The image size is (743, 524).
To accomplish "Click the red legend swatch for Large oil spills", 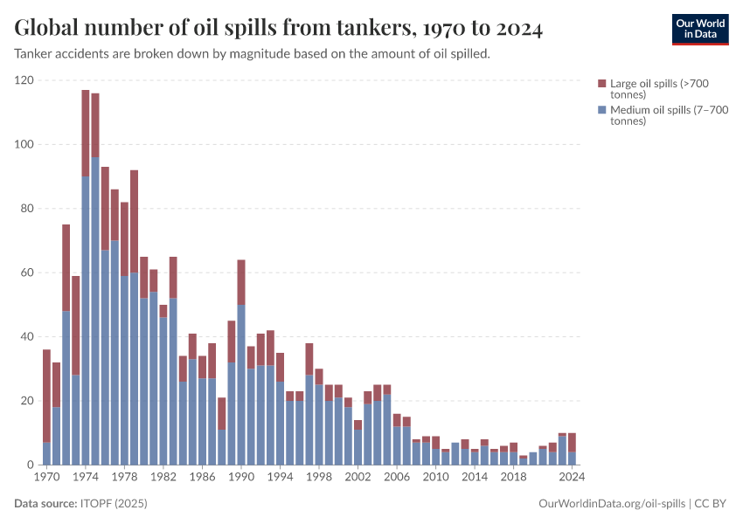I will [601, 83].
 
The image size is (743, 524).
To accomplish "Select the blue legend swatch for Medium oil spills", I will [601, 110].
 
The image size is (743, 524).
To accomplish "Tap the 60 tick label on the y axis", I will [27, 272].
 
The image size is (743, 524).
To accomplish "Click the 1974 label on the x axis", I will [86, 478].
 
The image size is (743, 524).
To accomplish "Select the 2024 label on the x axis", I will [572, 478].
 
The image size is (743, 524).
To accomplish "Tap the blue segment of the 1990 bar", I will [241, 384].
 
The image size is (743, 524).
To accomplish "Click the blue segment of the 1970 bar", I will [46, 453].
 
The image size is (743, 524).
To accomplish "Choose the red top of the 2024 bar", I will [572, 442].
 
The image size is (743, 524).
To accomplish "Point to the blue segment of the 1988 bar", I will [222, 446].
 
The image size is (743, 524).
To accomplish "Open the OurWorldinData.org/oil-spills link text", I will [612, 504].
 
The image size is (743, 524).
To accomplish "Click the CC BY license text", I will [712, 504].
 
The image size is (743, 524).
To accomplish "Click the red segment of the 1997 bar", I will [309, 359].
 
